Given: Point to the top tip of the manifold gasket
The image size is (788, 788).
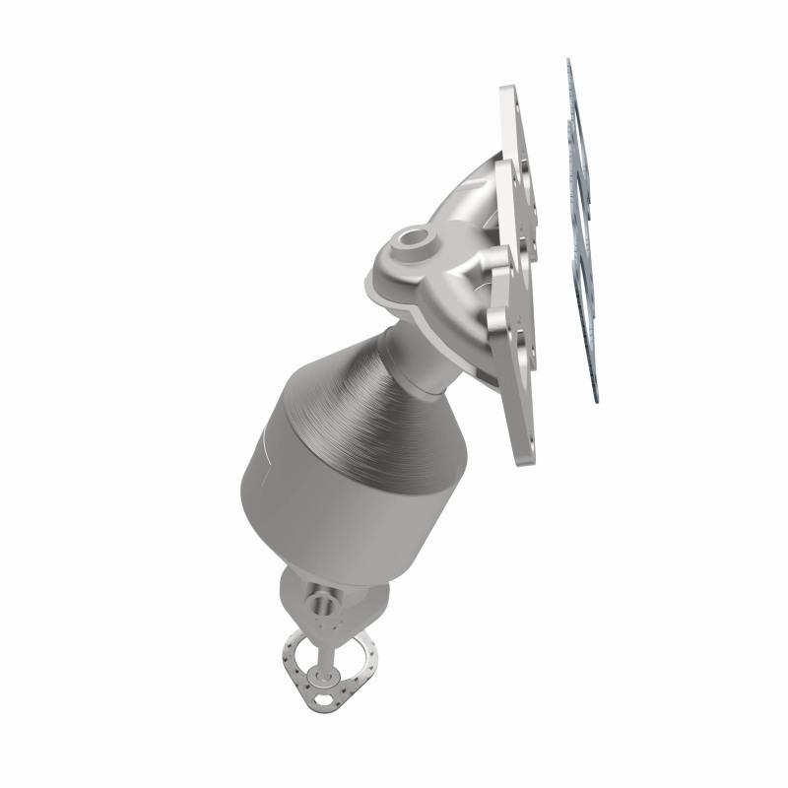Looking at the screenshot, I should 568,61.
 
